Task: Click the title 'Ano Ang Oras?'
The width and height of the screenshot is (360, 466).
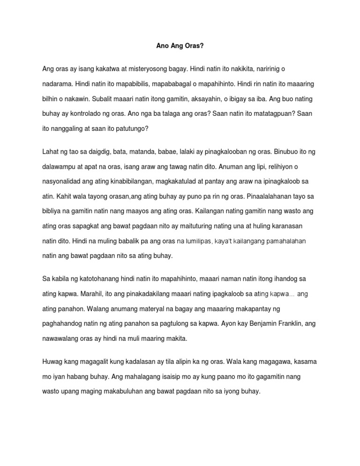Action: pyautogui.click(x=180, y=46)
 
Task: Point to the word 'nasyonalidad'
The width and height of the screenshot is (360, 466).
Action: pyautogui.click(x=62, y=182)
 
